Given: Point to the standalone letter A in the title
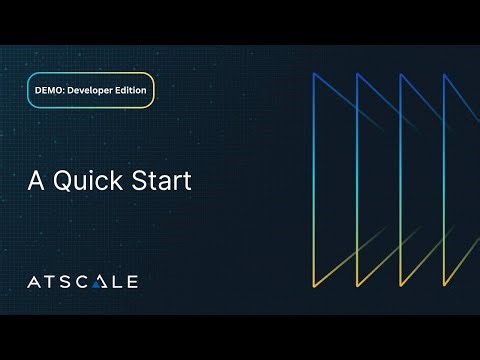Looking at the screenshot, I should (x=33, y=183).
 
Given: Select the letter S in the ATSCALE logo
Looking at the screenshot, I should (x=65, y=281).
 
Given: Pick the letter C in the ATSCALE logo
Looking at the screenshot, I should (x=82, y=281).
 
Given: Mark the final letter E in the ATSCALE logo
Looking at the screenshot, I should (x=131, y=281).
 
